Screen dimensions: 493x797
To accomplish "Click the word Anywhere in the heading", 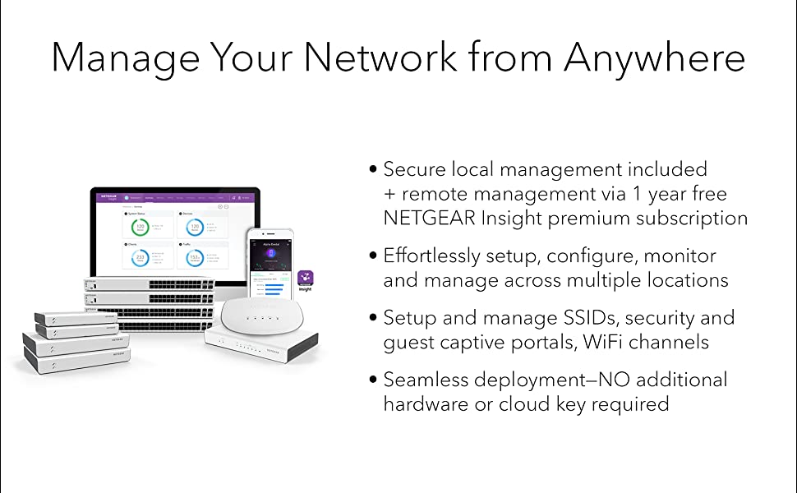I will click(x=654, y=58).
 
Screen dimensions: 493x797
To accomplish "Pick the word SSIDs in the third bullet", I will click(x=587, y=318).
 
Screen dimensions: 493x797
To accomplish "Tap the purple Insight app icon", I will click(x=306, y=279).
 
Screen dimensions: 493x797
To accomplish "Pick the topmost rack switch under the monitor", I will click(x=148, y=284).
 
